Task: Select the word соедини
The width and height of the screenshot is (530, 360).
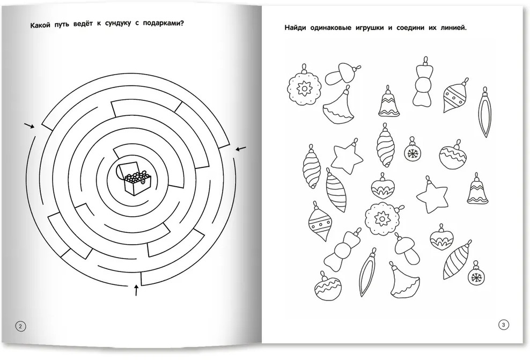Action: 408,28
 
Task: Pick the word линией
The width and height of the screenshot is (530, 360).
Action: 454,28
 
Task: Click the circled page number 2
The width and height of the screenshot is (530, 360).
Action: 20,326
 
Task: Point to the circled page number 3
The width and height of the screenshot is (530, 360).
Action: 503,325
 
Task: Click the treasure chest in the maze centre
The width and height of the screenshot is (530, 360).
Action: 132,178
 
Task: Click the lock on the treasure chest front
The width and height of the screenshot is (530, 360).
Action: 144,182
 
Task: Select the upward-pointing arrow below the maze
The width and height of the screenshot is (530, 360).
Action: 137,290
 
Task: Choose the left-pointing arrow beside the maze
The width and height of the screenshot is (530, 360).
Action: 241,149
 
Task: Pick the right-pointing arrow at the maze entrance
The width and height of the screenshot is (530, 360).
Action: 30,126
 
